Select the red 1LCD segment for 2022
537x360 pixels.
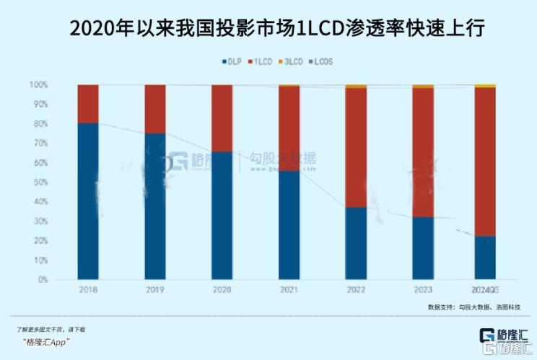pos(356,147)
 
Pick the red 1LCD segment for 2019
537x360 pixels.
pos(155,109)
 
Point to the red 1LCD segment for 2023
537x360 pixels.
pos(423,152)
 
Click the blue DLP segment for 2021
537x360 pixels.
pos(289,224)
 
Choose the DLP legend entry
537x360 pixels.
pos(230,62)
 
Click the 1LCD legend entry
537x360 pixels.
pos(261,62)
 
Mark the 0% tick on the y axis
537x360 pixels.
pos(43,279)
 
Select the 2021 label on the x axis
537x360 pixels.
pos(289,289)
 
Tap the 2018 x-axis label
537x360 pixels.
pos(88,289)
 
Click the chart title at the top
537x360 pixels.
pos(268,29)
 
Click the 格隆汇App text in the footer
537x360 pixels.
pos(45,341)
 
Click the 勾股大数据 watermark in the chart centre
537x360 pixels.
pos(282,159)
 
